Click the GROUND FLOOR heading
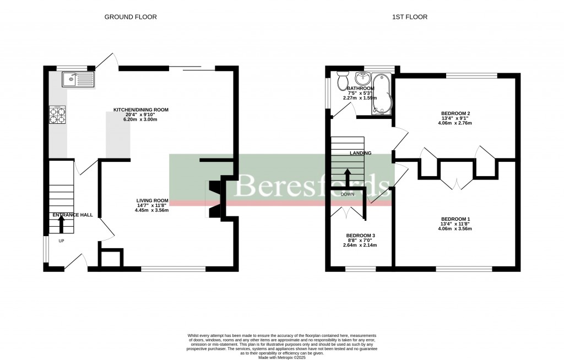coord(131,17)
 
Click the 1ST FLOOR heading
coord(409,17)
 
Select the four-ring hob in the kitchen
coord(57,114)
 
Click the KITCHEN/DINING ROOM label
coord(140,110)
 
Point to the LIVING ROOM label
coord(153,200)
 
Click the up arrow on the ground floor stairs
coord(61,222)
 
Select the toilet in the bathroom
coord(341,81)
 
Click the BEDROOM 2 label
coord(455,114)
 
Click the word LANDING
coord(360,153)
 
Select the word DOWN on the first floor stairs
coord(348,194)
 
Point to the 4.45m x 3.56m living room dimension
coord(151,210)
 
